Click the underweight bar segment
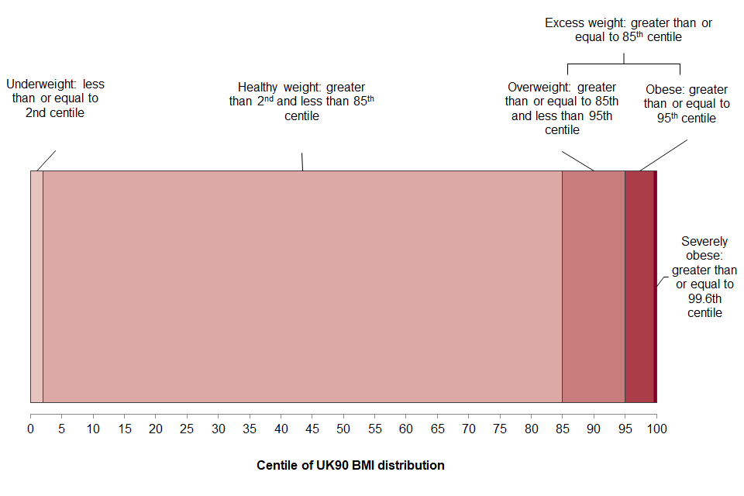pyautogui.click(x=36, y=287)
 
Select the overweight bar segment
pyautogui.click(x=593, y=287)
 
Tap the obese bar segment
pyautogui.click(x=639, y=287)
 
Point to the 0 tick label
pyautogui.click(x=31, y=429)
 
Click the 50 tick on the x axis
pyautogui.click(x=343, y=429)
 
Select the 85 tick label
pyautogui.click(x=562, y=429)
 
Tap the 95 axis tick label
pyautogui.click(x=625, y=429)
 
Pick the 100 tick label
pyautogui.click(x=656, y=429)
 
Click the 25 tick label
pyautogui.click(x=187, y=429)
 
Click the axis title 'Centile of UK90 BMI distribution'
pyautogui.click(x=350, y=466)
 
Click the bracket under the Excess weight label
pyautogui.click(x=624, y=64)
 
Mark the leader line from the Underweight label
pyautogui.click(x=46, y=160)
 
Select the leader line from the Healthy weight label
pyautogui.click(x=302, y=161)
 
